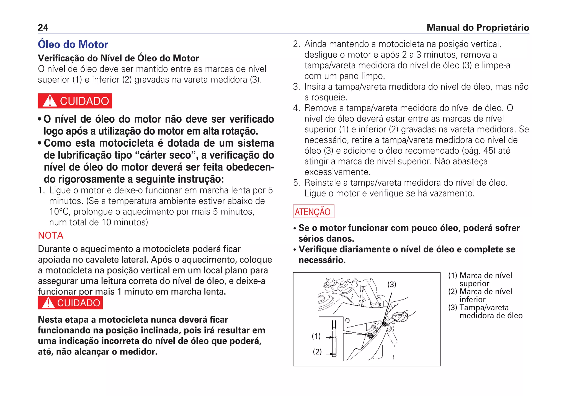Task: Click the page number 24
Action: tap(43, 27)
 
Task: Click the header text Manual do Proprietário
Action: tap(478, 27)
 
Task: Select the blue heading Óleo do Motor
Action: tap(73, 44)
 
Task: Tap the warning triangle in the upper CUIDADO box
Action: tap(50, 101)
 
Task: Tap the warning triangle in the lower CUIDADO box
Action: tap(48, 303)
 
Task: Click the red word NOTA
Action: tap(51, 235)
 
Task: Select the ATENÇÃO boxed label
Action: tap(313, 212)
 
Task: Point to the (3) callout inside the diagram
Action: tap(391, 284)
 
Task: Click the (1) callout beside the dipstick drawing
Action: tap(316, 336)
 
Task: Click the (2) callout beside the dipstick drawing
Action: tap(317, 352)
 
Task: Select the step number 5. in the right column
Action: tap(297, 183)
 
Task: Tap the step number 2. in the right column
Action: tap(297, 44)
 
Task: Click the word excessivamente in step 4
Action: tap(337, 172)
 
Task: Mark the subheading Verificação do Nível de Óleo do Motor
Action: tap(118, 58)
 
